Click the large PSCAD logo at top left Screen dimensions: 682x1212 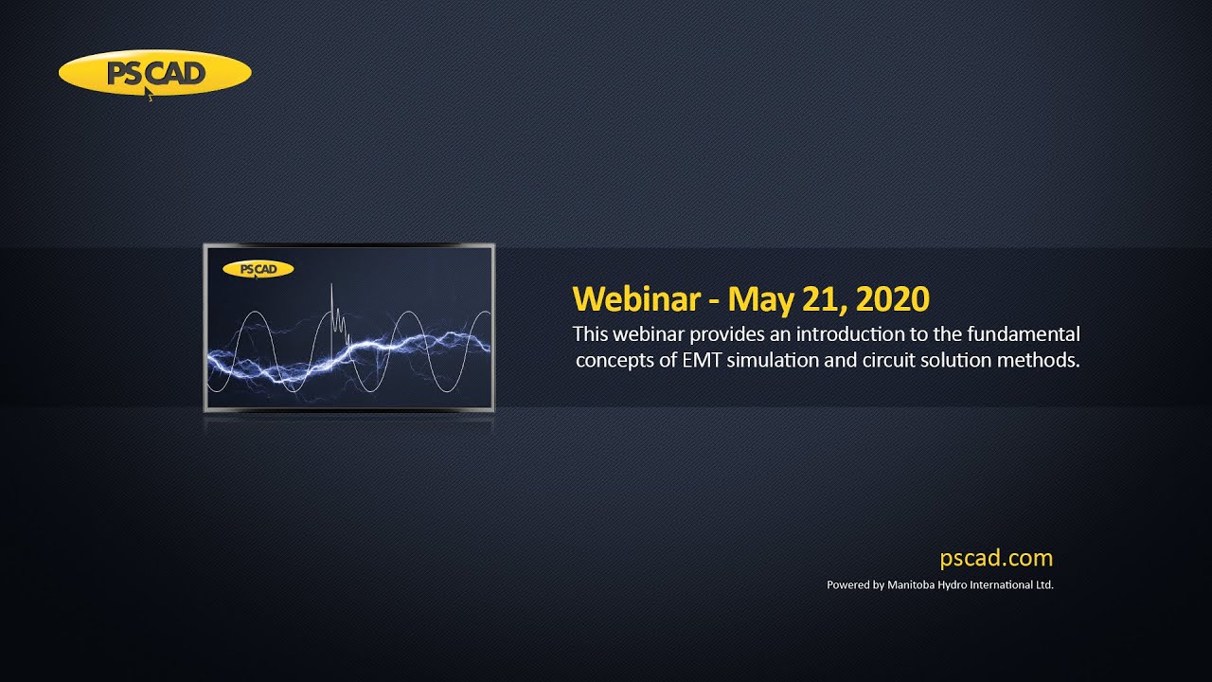pos(154,74)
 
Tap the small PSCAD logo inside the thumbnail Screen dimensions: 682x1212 pos(258,269)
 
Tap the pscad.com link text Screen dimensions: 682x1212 pos(996,558)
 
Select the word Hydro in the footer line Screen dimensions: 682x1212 pos(956,585)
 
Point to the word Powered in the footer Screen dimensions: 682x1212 pos(848,585)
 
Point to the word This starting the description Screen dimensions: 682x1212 pos(590,334)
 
